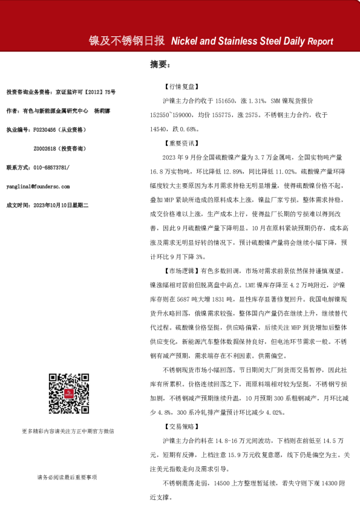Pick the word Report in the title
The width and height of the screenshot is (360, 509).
pos(320,42)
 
